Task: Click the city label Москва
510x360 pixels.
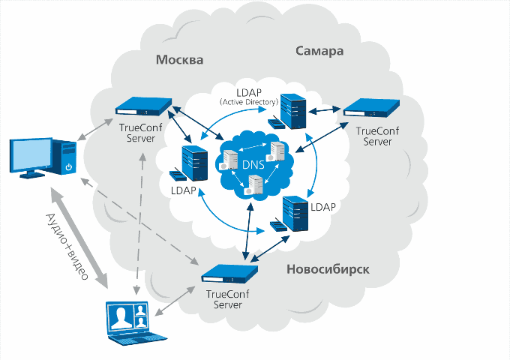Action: pyautogui.click(x=179, y=59)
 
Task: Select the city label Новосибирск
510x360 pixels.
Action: pyautogui.click(x=328, y=268)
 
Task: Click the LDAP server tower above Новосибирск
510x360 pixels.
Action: pyautogui.click(x=295, y=213)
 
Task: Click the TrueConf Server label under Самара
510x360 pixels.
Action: pyautogui.click(x=373, y=136)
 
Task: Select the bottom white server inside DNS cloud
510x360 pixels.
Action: pyautogui.click(x=255, y=184)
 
